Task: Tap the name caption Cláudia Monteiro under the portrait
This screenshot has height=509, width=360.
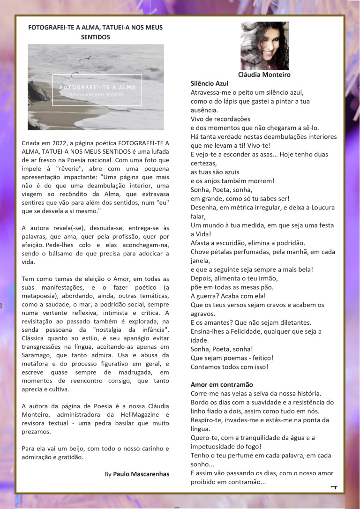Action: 264,75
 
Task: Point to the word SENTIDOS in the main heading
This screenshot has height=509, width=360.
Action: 95,37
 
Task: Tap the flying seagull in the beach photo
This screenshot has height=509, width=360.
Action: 85,58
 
